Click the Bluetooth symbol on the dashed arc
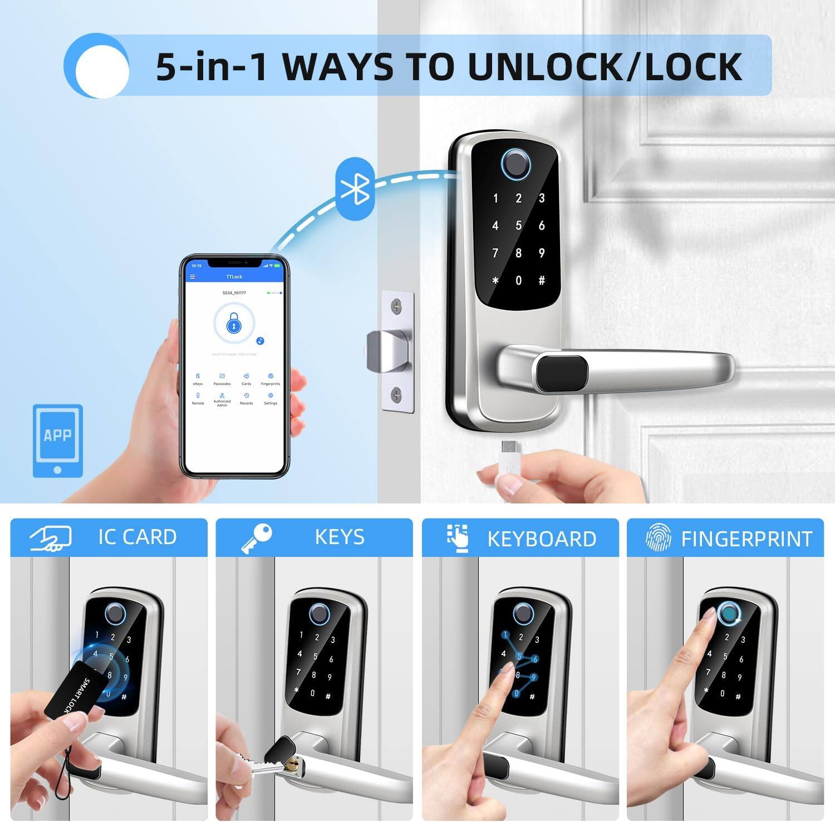(x=355, y=189)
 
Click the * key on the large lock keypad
(x=495, y=281)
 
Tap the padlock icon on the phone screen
(x=234, y=324)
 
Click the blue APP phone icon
(x=58, y=440)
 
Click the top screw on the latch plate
(x=396, y=305)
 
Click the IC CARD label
(x=137, y=537)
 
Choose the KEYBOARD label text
(x=541, y=539)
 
